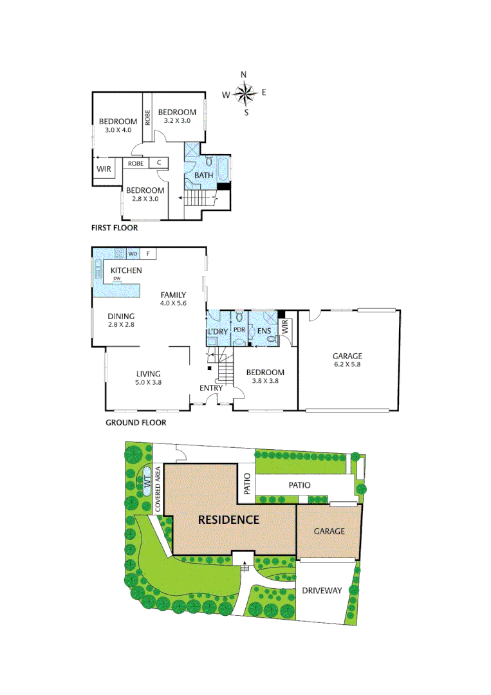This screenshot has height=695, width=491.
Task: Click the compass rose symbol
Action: click(x=245, y=94)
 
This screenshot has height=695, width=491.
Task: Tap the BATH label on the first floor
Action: click(x=204, y=175)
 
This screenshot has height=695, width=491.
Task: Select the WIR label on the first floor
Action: click(x=104, y=169)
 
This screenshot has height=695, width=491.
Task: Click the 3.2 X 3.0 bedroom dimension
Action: click(x=177, y=120)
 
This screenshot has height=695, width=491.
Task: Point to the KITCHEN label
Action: click(x=126, y=270)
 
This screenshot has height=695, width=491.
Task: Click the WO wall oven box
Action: click(x=133, y=254)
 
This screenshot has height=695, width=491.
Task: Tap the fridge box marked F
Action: click(x=147, y=254)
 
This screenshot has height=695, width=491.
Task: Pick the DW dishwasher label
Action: click(x=117, y=278)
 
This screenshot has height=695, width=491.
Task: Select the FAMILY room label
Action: click(x=173, y=294)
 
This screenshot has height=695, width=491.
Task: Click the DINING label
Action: click(x=121, y=316)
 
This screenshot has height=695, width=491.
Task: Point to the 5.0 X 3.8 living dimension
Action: click(x=148, y=382)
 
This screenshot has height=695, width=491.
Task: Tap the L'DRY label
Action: click(x=218, y=331)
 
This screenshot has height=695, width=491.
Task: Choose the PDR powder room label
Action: click(x=239, y=330)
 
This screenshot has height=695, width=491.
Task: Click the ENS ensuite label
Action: click(x=264, y=331)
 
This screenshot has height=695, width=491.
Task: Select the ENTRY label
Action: click(x=211, y=388)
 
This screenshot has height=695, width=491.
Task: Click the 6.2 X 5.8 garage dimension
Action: click(x=347, y=364)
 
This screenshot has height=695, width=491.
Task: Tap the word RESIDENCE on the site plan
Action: click(x=228, y=519)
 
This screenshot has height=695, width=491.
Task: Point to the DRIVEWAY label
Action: click(x=322, y=591)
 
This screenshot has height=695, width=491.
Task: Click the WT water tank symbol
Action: click(x=147, y=479)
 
